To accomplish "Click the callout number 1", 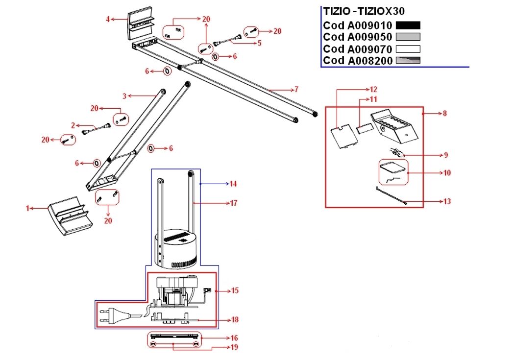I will (x=27, y=208).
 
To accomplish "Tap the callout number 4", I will (x=107, y=20).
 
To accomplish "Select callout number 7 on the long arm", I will (x=296, y=90).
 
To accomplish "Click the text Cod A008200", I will (x=357, y=60).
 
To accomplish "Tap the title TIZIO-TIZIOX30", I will (x=364, y=11).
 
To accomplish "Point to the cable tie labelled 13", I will (x=391, y=196).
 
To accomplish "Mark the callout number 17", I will (x=234, y=203).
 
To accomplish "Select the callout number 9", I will (x=446, y=155).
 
